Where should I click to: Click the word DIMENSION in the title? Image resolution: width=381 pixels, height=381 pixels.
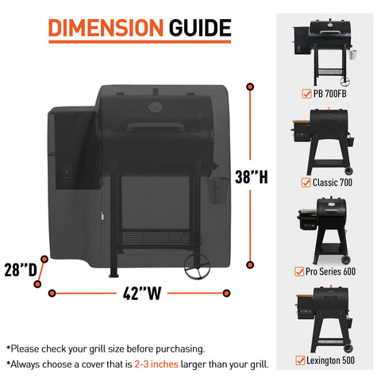106,28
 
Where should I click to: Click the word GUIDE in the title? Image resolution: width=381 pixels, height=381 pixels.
200,28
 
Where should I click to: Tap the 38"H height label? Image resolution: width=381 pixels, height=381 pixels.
252,177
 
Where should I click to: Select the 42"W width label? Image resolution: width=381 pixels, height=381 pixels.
142,294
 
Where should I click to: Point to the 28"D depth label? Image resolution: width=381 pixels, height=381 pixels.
21,270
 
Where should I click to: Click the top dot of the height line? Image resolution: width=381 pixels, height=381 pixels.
250,87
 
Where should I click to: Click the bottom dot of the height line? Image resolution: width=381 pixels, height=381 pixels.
250,264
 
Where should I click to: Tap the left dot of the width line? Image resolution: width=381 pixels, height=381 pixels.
52,293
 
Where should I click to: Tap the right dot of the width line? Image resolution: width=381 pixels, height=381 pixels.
226,293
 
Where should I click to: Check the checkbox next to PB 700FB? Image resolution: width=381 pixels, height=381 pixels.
306,94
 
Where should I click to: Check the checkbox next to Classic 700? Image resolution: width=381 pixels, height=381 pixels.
306,183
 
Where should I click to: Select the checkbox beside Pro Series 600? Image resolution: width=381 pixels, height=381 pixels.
299,271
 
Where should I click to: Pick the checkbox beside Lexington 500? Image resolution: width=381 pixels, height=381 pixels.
300,360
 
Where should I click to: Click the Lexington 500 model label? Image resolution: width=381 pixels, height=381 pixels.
330,360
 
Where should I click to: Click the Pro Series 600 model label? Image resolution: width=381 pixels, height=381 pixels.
330,271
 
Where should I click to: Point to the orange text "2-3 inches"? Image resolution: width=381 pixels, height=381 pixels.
156,364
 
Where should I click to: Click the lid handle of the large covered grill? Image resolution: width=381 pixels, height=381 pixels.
156,126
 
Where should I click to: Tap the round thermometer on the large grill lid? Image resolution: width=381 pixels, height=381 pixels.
156,107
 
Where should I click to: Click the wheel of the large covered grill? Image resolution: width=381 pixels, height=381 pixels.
197,267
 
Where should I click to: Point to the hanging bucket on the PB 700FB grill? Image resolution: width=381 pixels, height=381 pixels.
352,54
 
